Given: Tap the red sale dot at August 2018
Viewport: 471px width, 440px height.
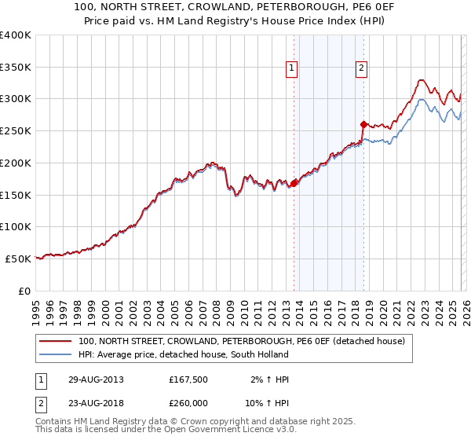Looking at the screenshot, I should pos(363,124).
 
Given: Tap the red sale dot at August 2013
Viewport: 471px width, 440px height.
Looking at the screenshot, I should pos(294,183).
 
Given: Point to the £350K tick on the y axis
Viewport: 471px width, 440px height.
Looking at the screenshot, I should pos(16,67).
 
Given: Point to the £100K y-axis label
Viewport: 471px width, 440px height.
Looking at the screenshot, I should pos(16,226).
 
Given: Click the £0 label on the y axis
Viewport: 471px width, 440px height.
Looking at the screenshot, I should pos(24,291).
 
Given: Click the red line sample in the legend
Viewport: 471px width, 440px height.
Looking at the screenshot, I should pos(55,341).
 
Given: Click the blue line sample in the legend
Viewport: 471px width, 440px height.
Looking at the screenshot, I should pos(55,355).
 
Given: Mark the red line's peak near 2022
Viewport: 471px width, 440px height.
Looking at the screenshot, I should pos(422,79).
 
